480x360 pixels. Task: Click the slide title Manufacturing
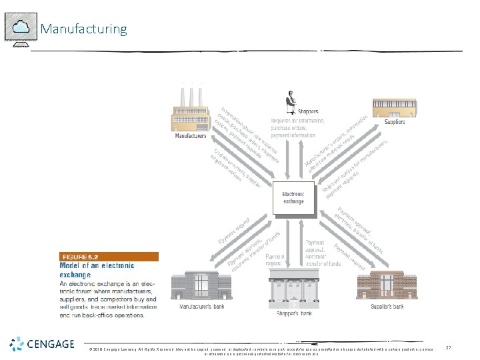pos(83,29)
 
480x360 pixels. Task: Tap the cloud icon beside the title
pos(21,27)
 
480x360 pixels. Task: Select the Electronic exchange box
pos(293,198)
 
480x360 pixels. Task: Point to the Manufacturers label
pos(191,137)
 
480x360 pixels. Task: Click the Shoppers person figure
pos(291,99)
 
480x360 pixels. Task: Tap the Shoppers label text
pos(308,111)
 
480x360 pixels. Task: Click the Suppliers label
pos(395,122)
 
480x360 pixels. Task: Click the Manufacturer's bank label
pos(201,308)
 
